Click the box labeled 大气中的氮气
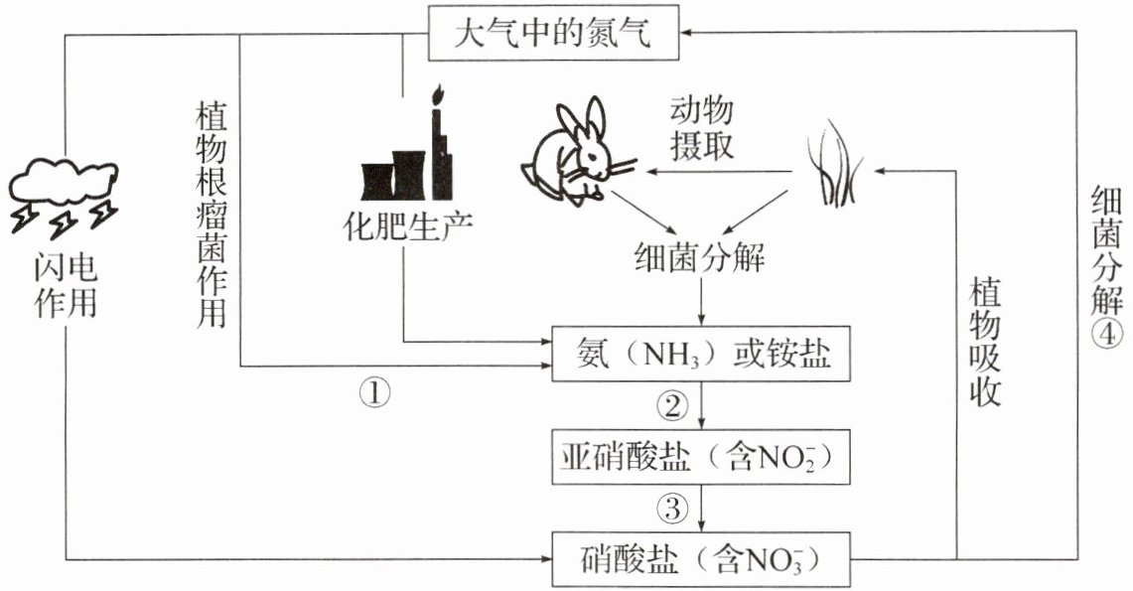[554, 33]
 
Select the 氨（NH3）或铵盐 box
[701, 354]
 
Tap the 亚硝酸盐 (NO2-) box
[701, 457]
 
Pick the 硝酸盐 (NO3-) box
[701, 559]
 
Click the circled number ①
[374, 393]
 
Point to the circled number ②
[672, 406]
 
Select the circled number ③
[672, 509]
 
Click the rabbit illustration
[578, 152]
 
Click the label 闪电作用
[66, 286]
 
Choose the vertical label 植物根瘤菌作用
[212, 215]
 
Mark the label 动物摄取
[702, 128]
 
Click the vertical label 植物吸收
[985, 341]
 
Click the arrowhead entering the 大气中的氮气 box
[686, 33]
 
